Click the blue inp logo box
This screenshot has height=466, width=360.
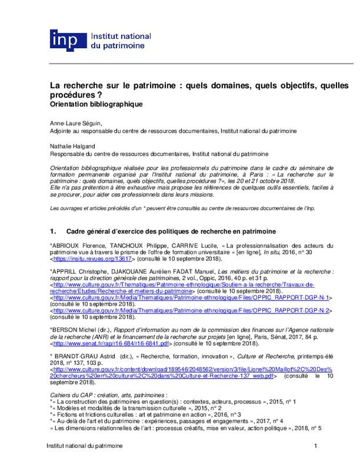[68, 40]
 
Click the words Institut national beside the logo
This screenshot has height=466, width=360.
[120, 37]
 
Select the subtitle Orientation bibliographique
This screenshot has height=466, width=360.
[96, 104]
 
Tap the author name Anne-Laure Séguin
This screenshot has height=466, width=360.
[76, 123]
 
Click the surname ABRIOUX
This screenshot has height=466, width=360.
[65, 246]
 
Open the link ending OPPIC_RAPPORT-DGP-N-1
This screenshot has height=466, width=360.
[191, 297]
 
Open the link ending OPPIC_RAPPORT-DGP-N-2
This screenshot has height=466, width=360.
[191, 310]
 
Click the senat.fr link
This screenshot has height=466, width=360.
[111, 344]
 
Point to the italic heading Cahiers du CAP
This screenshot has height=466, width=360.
[70, 395]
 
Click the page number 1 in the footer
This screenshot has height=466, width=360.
[315, 446]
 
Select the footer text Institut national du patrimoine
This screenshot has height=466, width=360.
[84, 446]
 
